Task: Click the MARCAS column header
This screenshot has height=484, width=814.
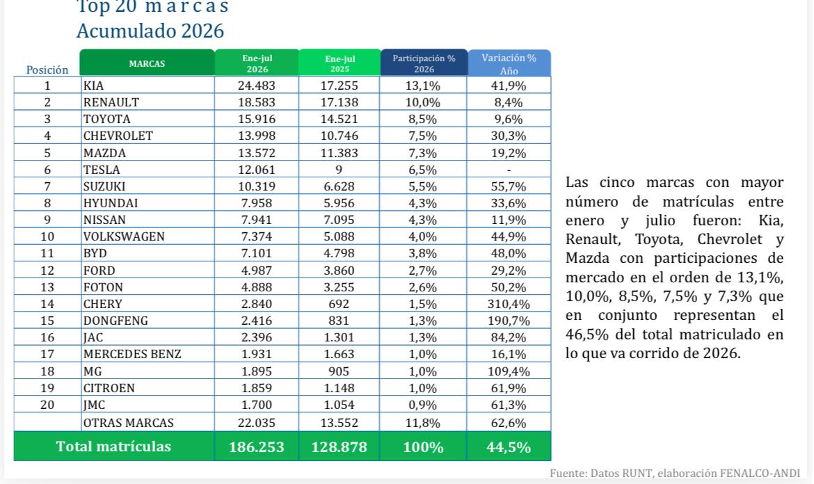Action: coord(147,63)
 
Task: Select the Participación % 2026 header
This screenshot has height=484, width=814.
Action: coord(424,63)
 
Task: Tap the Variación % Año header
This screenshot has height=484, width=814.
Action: coord(509,64)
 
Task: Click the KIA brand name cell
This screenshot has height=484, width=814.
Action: coord(93,86)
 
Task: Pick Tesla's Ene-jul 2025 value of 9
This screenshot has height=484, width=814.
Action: coord(339,170)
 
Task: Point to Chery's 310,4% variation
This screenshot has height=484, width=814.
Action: coord(509,304)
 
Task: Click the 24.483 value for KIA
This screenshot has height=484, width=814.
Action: coord(257,86)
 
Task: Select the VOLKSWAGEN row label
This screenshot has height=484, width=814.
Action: coord(124,236)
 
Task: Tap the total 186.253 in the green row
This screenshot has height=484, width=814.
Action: coord(257,446)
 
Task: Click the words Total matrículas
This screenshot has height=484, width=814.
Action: coord(113,446)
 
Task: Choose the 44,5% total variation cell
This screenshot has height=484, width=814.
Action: coord(509,446)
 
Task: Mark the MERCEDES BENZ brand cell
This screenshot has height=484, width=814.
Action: coord(132,355)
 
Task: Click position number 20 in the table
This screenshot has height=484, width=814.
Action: coord(47,405)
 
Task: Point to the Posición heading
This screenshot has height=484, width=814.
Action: coord(47,70)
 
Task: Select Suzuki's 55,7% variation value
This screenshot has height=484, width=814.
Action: coord(509,186)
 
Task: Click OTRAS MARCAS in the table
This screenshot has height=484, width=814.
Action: coord(128,423)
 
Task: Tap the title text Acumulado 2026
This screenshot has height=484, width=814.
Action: coord(150,31)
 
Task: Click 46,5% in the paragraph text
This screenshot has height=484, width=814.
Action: coord(586,334)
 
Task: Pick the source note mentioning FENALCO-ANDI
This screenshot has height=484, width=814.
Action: coord(675,473)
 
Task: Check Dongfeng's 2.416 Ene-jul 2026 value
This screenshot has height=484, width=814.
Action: coord(257,321)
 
